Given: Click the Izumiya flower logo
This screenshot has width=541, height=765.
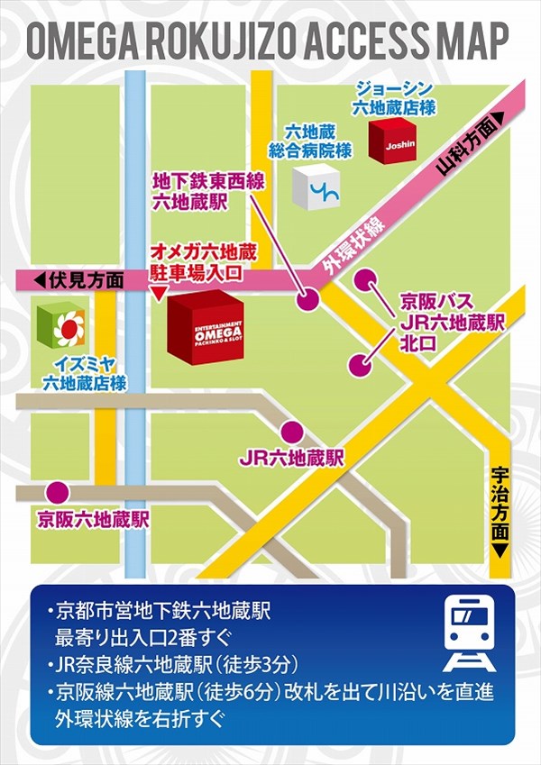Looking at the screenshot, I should click(61, 326).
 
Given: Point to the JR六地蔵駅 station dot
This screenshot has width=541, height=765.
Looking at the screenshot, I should click(291, 432).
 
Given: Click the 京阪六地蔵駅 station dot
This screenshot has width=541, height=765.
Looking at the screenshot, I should click(57, 491).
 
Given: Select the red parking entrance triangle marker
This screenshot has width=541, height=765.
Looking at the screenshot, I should click(158, 294).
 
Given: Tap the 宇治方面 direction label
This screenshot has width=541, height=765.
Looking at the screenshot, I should click(500, 514).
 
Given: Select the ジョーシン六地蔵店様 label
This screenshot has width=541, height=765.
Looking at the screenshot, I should click(394, 98).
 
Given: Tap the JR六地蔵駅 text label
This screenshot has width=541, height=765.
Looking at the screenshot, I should click(292, 459).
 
